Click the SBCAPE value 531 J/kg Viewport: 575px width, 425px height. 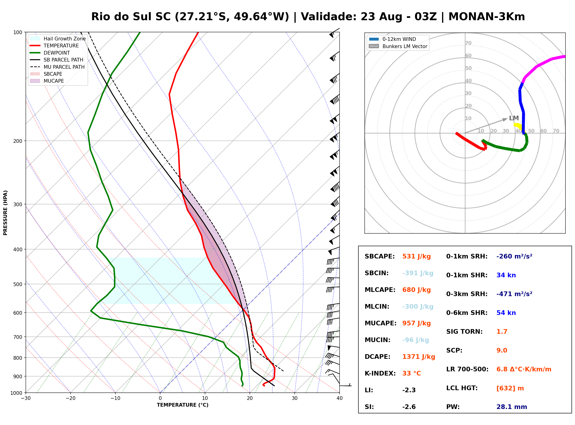click(416, 256)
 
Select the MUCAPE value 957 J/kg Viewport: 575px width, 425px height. click(416, 323)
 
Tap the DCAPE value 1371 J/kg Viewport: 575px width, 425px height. click(419, 357)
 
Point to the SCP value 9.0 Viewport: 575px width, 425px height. click(502, 350)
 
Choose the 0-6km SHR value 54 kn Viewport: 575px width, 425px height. click(506, 313)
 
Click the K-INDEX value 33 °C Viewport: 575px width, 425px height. click(412, 373)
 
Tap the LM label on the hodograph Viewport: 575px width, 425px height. click(514, 118)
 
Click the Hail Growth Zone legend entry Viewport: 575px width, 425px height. click(58, 39)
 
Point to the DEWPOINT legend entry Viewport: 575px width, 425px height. click(50, 53)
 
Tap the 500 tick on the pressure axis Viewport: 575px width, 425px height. click(18, 284)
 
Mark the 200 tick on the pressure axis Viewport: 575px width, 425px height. click(18, 141)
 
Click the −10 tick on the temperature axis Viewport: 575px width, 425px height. click(115, 398)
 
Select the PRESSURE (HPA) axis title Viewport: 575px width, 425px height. click(5, 213)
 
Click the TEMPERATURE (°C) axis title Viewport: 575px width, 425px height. click(183, 405)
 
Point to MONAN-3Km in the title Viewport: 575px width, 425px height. click(486, 17)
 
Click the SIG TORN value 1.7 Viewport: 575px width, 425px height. click(502, 332)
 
